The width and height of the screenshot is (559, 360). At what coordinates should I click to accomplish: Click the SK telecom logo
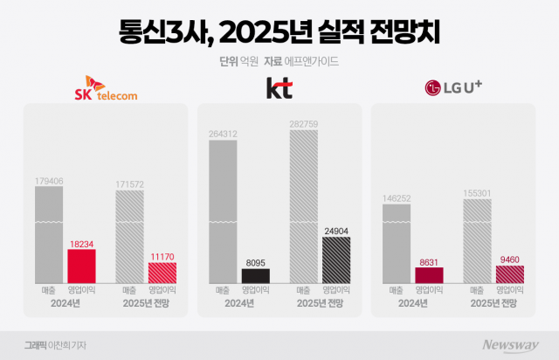pos(105,88)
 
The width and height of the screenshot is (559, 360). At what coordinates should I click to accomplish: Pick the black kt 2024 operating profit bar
pos(255,276)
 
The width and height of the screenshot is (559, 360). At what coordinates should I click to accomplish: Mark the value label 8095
pos(255,263)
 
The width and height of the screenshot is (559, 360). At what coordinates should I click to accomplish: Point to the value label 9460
pos(509,260)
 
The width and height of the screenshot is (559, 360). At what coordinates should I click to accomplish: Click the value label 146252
pos(397,198)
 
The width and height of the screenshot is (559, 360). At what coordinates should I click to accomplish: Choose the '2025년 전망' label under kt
pos(319,303)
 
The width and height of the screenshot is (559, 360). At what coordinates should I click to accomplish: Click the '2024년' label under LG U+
pos(412,303)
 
